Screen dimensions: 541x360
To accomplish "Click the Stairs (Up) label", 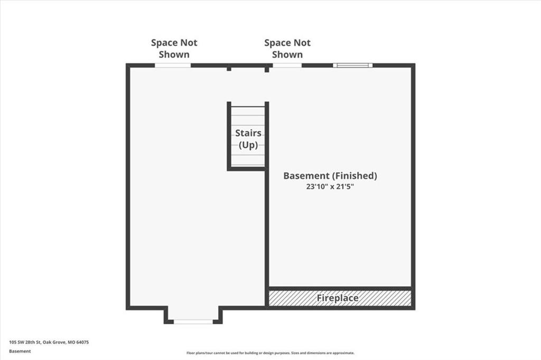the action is coord(248,139).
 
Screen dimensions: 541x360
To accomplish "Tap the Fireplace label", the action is coord(338,298).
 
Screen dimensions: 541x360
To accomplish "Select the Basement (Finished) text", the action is coord(330,176).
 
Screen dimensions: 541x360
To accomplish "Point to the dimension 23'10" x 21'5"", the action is coord(330,187).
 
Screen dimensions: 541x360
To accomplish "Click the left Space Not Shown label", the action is coord(174,49).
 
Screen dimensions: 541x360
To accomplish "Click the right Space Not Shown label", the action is coord(287,49).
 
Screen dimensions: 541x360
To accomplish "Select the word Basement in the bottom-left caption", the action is coord(20,352).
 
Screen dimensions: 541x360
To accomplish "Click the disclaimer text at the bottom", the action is coord(270,353).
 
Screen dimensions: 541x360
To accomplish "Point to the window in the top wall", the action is coord(352,65).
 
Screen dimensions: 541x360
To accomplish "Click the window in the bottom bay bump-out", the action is coord(193,321).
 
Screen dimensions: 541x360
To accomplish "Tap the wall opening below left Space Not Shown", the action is coord(173,65).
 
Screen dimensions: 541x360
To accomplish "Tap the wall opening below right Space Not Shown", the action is coord(287,65).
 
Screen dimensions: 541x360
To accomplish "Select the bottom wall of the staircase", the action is coord(246,168).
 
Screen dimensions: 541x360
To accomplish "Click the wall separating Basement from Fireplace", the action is coord(340,288).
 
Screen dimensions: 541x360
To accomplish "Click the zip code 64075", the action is coord(82,343).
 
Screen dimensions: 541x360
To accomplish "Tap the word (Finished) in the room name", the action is coord(355,176).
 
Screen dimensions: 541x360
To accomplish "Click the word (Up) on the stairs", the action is coord(248,145).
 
